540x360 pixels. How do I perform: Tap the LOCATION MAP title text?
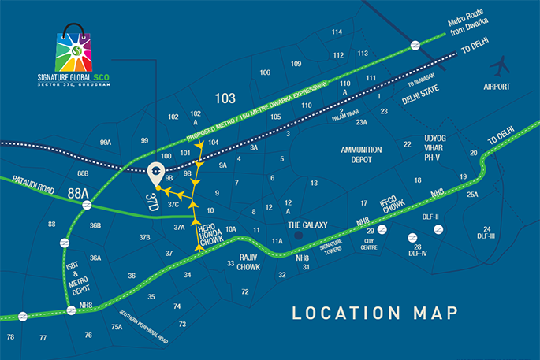click(x=374, y=313)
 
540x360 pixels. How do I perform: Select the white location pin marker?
click(x=157, y=174)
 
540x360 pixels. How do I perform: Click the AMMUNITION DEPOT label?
click(x=361, y=154)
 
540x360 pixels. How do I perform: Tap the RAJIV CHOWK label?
click(x=250, y=262)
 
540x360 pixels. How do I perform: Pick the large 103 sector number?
click(x=225, y=98)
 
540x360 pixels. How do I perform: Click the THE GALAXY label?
click(x=307, y=225)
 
